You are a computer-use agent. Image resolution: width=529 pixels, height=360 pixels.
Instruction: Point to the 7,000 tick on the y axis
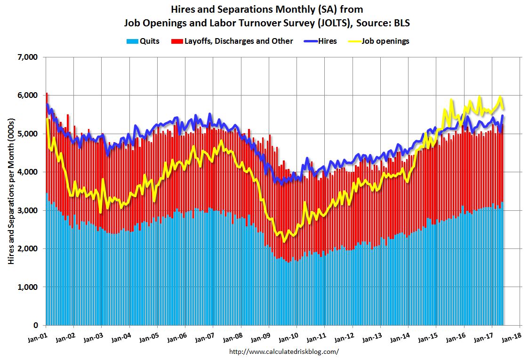[x=27, y=57]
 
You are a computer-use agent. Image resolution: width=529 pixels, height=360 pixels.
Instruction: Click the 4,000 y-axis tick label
[x=27, y=172]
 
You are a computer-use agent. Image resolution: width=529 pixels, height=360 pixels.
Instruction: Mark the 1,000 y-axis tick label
[x=27, y=287]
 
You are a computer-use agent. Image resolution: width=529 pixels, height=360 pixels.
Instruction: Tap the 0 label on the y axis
[x=35, y=325]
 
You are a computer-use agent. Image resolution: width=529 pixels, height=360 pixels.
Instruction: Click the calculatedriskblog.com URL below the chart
[x=284, y=352]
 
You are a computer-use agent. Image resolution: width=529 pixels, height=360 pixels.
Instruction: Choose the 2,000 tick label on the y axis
[x=27, y=248]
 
